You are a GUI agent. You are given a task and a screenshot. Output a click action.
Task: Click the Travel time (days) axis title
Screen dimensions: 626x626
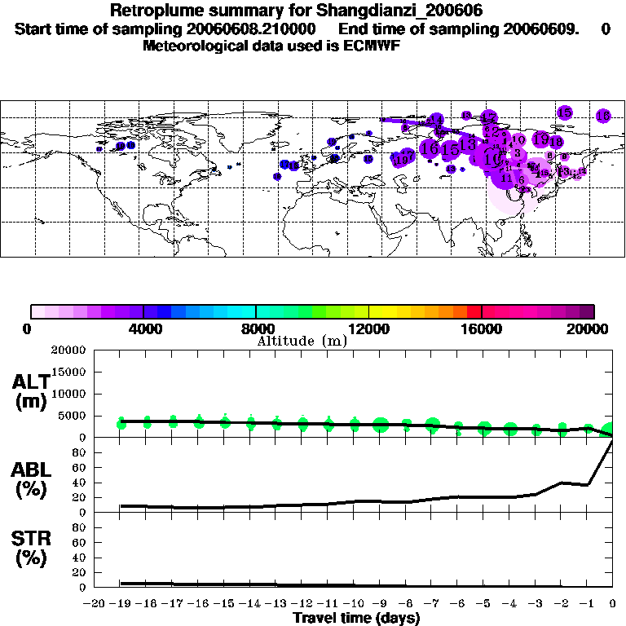point(356,618)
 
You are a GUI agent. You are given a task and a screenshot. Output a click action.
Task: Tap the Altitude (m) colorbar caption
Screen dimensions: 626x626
point(302,341)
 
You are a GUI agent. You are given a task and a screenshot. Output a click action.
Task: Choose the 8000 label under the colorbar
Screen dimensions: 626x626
point(256,328)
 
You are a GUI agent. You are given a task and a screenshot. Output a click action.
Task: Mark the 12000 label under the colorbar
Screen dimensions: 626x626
point(369,328)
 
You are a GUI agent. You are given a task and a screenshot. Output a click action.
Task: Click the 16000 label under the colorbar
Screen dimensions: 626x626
point(483,328)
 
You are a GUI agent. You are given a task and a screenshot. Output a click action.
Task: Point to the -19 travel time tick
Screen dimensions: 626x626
point(121,603)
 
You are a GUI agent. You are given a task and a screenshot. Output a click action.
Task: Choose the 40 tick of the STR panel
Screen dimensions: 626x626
point(79,558)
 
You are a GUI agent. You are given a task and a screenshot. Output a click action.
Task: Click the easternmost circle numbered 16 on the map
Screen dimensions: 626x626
point(603,116)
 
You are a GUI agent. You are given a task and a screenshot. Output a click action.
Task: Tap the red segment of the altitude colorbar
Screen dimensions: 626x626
point(474,311)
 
